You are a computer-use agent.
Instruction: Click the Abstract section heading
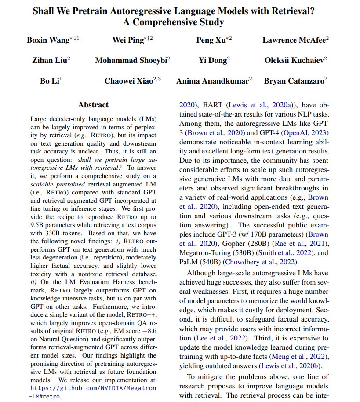click(93, 105)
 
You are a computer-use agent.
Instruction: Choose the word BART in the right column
click(213, 105)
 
